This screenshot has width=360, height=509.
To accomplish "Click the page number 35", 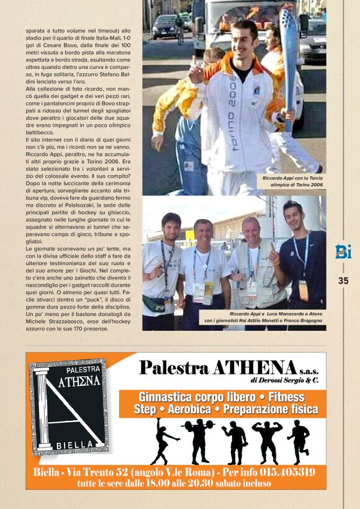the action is pyautogui.click(x=343, y=281).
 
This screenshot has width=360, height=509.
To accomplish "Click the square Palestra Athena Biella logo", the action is pyautogui.click(x=69, y=406).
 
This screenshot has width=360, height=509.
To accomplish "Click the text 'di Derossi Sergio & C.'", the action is pyautogui.click(x=285, y=380).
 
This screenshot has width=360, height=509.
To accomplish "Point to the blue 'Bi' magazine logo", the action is pyautogui.click(x=343, y=252).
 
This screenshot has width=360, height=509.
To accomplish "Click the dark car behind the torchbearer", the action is pyautogui.click(x=166, y=27).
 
